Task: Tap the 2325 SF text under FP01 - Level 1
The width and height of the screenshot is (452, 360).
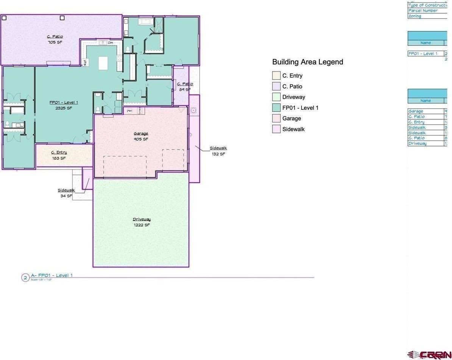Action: tap(64, 108)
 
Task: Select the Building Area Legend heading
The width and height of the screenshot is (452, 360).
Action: tap(307, 62)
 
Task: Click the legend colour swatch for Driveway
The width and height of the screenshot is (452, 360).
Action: tap(276, 97)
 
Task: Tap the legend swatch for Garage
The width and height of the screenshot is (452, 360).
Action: tap(276, 118)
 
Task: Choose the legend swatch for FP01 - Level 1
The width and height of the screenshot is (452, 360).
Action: tap(276, 108)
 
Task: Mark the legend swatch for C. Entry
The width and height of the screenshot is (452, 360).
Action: tap(276, 76)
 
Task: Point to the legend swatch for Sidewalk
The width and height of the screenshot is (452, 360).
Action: tap(276, 129)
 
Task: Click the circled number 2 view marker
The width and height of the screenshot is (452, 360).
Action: tap(25, 278)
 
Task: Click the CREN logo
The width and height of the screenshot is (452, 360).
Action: tap(429, 355)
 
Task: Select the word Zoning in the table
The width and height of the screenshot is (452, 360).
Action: tap(415, 16)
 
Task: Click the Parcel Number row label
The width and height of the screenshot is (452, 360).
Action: tap(423, 11)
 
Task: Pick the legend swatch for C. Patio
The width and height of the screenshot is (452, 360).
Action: tap(276, 86)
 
